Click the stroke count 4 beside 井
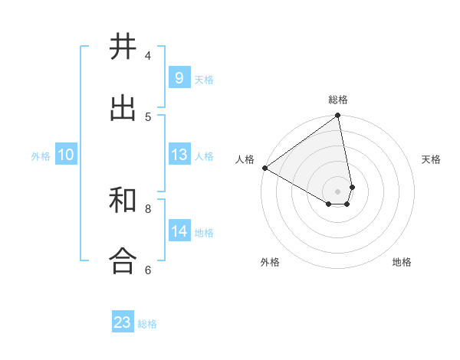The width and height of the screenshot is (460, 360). [x=148, y=55]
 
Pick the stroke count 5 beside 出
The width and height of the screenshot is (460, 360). [x=148, y=116]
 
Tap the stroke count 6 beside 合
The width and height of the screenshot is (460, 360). [x=148, y=270]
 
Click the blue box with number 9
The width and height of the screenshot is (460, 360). [x=179, y=78]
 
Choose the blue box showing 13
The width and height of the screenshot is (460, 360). [x=179, y=155]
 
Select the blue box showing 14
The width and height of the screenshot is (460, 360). [x=179, y=231]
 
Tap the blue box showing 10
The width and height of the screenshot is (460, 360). [x=66, y=155]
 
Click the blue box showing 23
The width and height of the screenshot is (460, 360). [x=123, y=322]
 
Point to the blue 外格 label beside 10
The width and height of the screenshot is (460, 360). [x=41, y=156]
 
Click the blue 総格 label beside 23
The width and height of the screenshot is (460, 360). [x=147, y=324]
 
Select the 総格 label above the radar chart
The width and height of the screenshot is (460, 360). [x=338, y=100]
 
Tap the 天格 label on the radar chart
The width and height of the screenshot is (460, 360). [x=432, y=159]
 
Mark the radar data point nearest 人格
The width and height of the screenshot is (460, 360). [x=264, y=168]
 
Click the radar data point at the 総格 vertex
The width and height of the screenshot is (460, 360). [x=338, y=116]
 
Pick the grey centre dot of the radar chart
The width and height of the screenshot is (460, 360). [x=338, y=191]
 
